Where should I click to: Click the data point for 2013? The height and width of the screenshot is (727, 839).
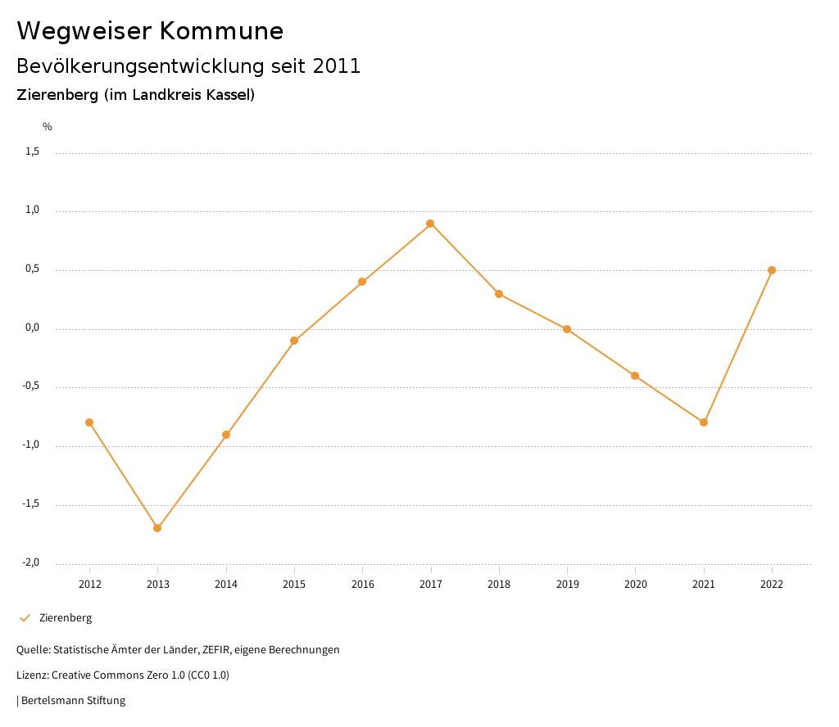click(x=157, y=528)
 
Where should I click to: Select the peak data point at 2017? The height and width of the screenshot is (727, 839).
click(x=430, y=224)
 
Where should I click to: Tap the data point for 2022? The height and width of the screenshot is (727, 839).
click(x=772, y=270)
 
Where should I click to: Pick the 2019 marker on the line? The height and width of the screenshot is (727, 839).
click(x=567, y=329)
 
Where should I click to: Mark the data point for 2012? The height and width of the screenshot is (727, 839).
click(x=89, y=422)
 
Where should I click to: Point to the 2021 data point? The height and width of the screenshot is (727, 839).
click(x=704, y=422)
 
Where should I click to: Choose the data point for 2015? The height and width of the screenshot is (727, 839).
click(x=294, y=341)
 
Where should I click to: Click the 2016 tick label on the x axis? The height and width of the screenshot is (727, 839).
click(x=362, y=585)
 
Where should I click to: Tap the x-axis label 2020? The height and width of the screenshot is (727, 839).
click(x=635, y=585)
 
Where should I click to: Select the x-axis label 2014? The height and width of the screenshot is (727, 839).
click(x=226, y=585)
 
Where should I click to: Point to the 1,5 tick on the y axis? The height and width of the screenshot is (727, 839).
click(x=32, y=151)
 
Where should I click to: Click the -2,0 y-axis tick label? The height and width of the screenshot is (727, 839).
click(x=30, y=562)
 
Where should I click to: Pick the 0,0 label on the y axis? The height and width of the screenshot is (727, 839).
click(x=32, y=327)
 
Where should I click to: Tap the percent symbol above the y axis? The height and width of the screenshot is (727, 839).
click(x=48, y=127)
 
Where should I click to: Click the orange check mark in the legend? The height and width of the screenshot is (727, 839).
click(x=25, y=618)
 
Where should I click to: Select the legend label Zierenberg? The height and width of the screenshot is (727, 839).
click(x=66, y=618)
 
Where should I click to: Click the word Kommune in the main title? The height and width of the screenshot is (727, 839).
click(x=221, y=31)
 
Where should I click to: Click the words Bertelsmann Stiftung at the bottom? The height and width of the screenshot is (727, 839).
click(x=73, y=701)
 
